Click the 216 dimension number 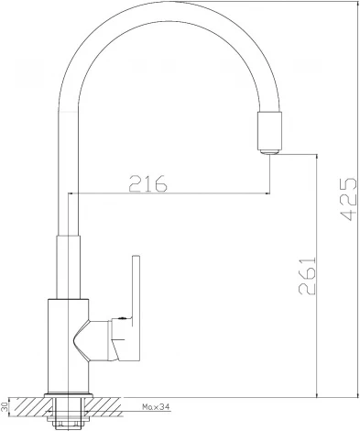147,183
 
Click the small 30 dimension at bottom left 6,404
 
